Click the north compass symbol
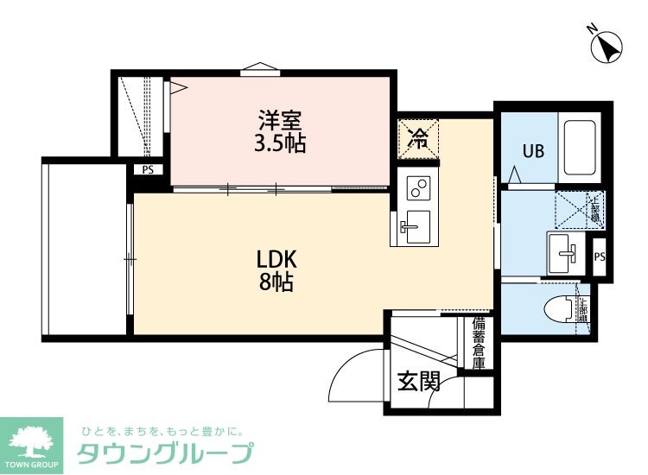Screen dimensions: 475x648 tap(609, 44)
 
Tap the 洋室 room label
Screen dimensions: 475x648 tap(280, 117)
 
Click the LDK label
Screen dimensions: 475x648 tap(276, 257)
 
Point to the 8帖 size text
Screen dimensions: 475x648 tap(276, 281)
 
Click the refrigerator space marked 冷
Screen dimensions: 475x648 tap(418, 138)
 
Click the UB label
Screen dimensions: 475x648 tap(532, 151)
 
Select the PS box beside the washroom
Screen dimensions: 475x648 tap(600, 256)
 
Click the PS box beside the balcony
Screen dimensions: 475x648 tap(148, 170)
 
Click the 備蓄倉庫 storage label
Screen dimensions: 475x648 tap(478, 342)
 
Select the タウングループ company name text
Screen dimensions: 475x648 tap(164, 453)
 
